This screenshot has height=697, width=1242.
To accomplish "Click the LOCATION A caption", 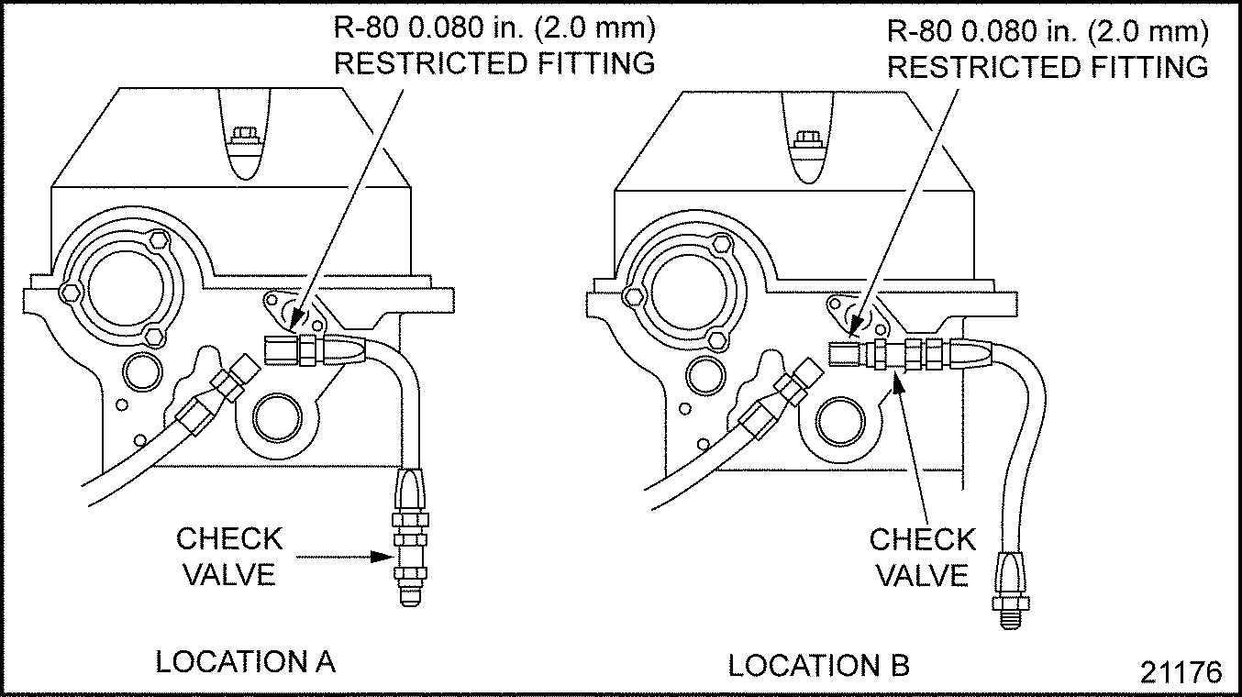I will click(x=245, y=661).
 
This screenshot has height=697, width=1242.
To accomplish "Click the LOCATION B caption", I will click(x=818, y=666).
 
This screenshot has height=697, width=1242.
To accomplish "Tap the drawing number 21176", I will click(x=1181, y=672).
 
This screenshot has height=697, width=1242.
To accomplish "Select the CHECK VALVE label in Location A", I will click(x=229, y=556).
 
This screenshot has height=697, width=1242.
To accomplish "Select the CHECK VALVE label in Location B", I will click(x=923, y=557).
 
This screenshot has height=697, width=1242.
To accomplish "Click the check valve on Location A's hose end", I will click(x=410, y=554).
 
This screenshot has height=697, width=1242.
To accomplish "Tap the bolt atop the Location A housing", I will click(x=243, y=138).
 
